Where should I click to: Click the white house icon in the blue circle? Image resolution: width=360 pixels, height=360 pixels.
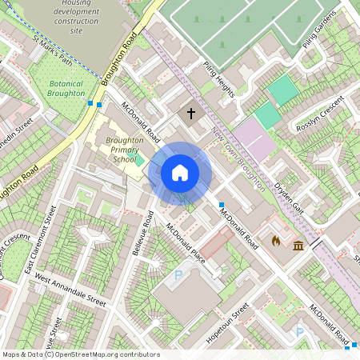point(180,173)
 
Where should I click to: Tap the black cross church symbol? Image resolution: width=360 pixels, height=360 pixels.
point(190,114)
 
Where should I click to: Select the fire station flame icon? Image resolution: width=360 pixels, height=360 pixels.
point(277,240)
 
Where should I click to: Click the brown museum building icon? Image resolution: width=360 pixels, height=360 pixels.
point(298,245)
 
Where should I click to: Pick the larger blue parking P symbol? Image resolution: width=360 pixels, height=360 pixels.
point(178,275)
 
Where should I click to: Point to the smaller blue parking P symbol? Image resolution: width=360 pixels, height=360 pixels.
point(300,332)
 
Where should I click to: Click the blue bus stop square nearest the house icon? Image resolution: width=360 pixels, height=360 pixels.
point(222,205)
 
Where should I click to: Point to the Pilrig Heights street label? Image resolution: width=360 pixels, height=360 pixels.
point(218,80)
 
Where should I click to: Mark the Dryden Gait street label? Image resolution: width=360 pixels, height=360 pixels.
point(289,192)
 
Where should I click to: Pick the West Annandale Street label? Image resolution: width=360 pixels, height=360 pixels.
point(70,292)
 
